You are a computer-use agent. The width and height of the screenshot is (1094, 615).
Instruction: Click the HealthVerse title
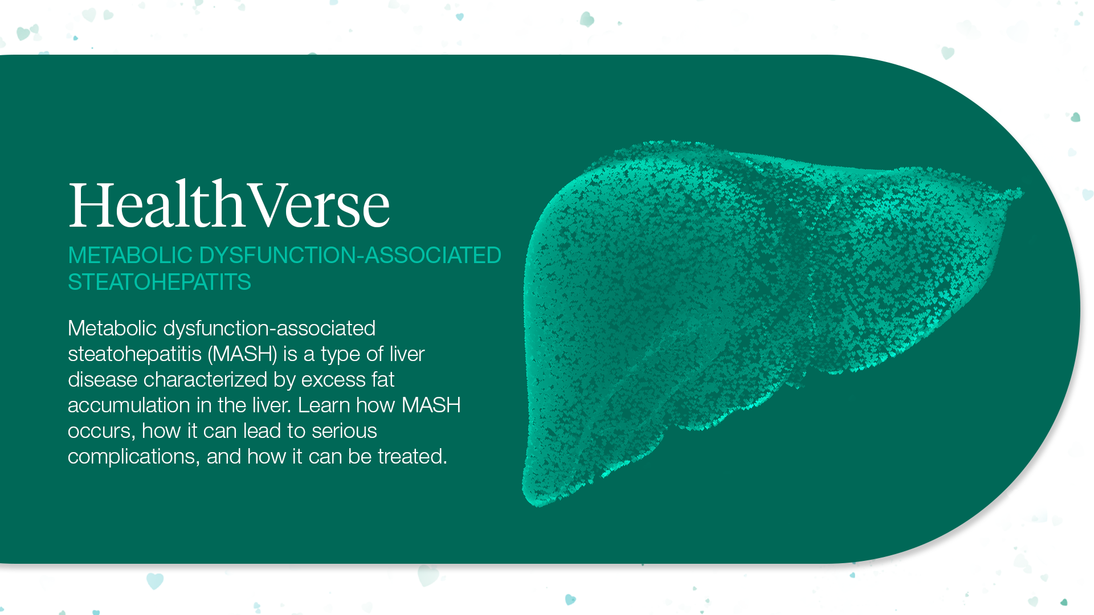click(229, 205)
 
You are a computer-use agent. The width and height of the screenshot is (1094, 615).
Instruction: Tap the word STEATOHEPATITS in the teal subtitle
click(160, 282)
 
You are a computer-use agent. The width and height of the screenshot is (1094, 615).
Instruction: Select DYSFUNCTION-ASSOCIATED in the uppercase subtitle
click(350, 256)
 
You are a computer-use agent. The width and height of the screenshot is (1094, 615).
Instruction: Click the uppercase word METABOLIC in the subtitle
click(130, 256)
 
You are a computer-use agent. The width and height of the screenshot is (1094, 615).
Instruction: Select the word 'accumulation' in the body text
click(129, 405)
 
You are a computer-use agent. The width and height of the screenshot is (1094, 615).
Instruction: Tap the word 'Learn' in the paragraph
click(324, 405)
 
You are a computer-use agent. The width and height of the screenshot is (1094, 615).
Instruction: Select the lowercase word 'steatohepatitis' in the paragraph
click(134, 354)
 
